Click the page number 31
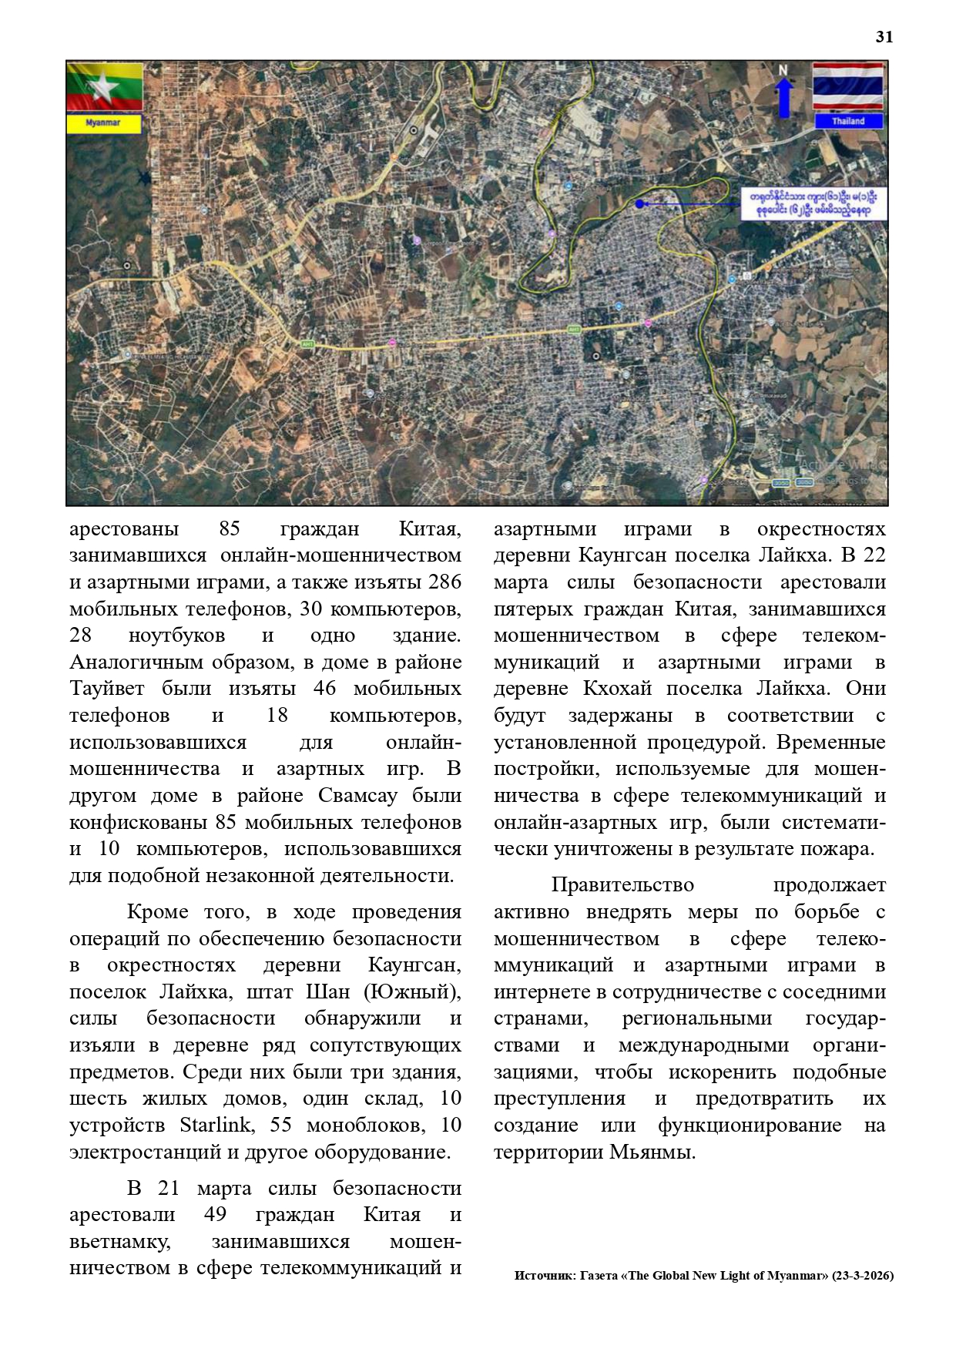coord(884,37)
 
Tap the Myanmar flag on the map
coord(104,87)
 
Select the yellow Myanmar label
coord(104,123)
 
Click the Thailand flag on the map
coord(848,86)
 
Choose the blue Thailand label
coord(848,122)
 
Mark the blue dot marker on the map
coord(639,203)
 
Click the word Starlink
coord(216,1126)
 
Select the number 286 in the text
coord(444,582)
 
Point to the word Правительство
coord(622,886)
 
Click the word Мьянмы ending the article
coord(653,1152)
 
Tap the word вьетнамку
coord(119,1242)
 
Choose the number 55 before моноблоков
coord(281,1126)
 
